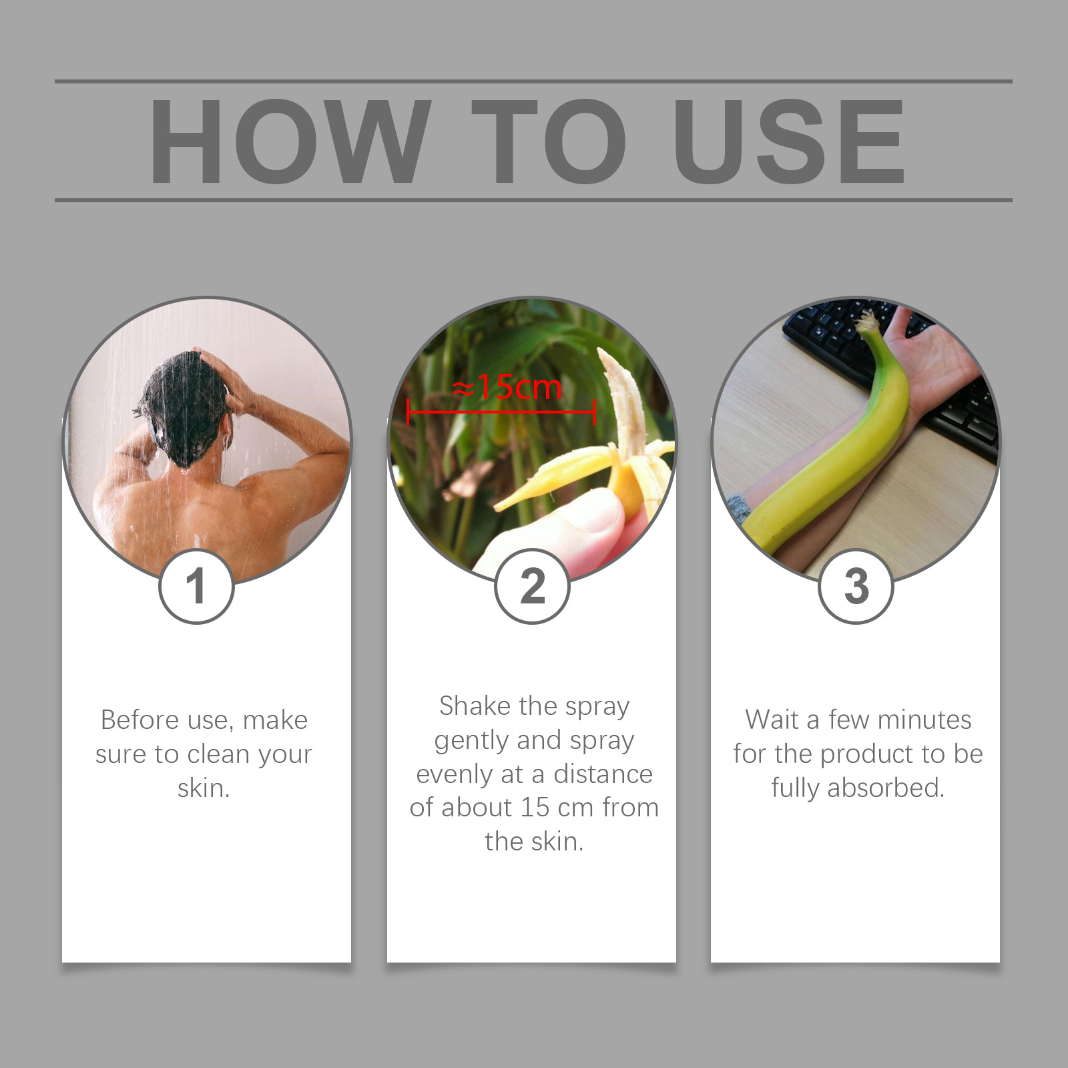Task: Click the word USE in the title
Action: [790, 141]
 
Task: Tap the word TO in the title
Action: [549, 141]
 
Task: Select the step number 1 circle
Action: [196, 586]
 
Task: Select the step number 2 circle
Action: [532, 586]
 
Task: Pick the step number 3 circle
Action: [856, 586]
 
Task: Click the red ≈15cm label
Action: [507, 387]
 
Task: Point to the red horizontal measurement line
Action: [501, 412]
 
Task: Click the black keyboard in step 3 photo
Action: [894, 374]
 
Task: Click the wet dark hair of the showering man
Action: [184, 407]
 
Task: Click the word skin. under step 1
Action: [204, 788]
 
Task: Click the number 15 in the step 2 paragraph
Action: [535, 808]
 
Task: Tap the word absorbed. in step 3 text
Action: [886, 788]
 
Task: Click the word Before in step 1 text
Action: [140, 720]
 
